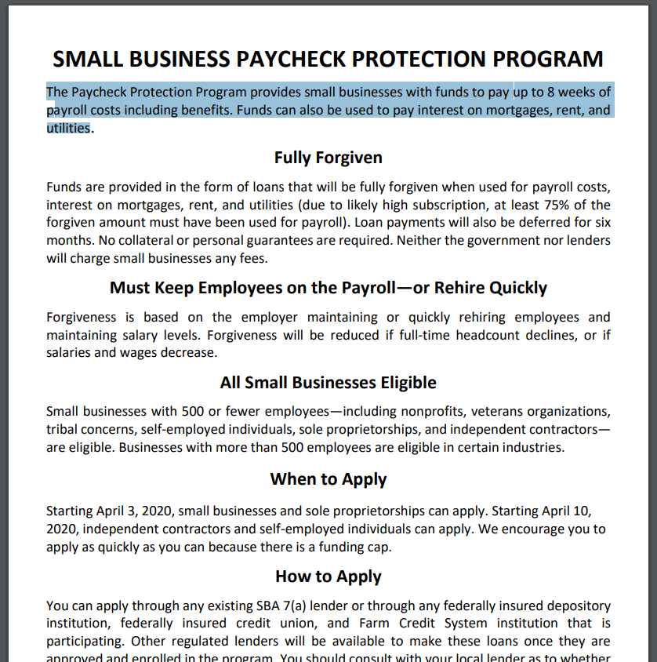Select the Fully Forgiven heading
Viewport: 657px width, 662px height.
tap(328, 158)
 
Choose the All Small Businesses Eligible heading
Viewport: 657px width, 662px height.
tap(328, 383)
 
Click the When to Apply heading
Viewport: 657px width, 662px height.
tap(328, 479)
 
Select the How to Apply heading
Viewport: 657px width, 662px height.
tap(328, 577)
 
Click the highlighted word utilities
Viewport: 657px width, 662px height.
tap(68, 128)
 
